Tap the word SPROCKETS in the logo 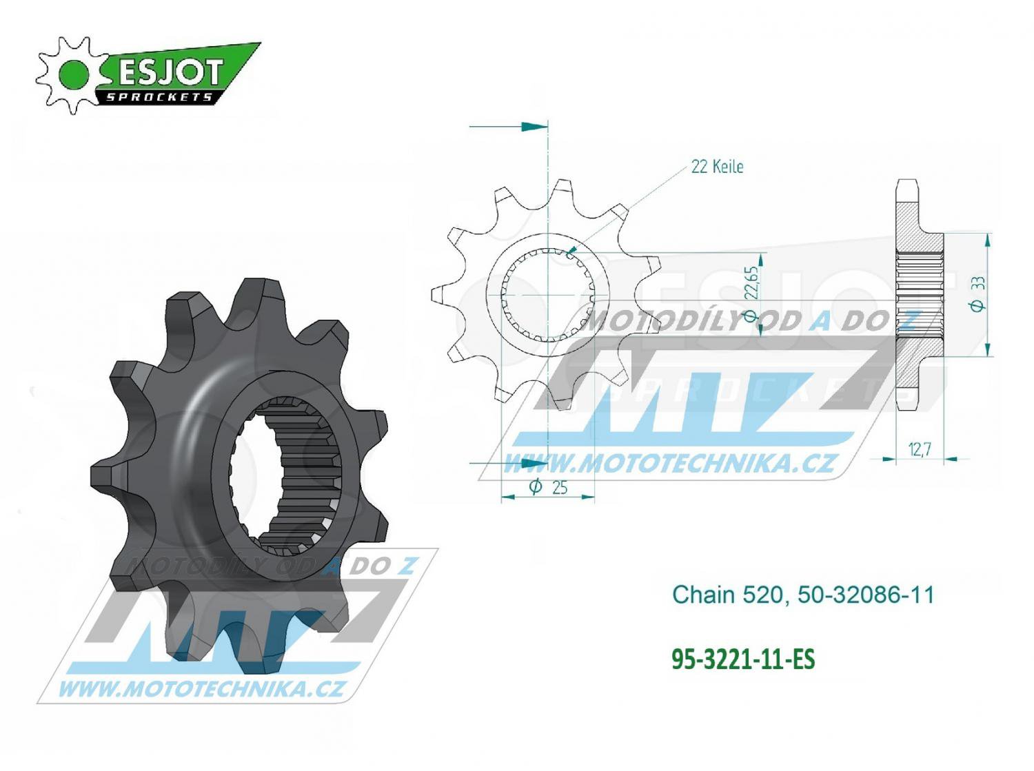pyautogui.click(x=159, y=97)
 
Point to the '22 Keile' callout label pyautogui.click(x=717, y=167)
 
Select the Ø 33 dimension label pyautogui.click(x=978, y=294)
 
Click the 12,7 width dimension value pyautogui.click(x=919, y=449)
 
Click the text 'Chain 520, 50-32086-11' pyautogui.click(x=803, y=595)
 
